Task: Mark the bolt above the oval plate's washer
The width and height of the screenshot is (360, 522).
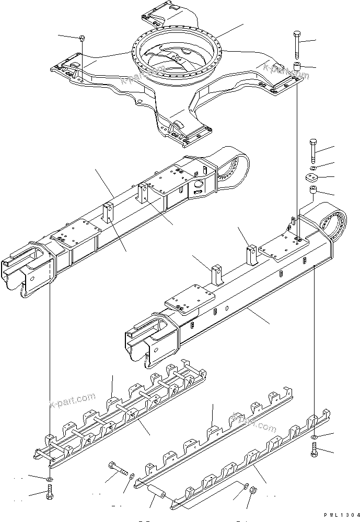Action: (x=312, y=150)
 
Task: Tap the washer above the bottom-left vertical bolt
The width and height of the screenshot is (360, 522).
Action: (x=49, y=478)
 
